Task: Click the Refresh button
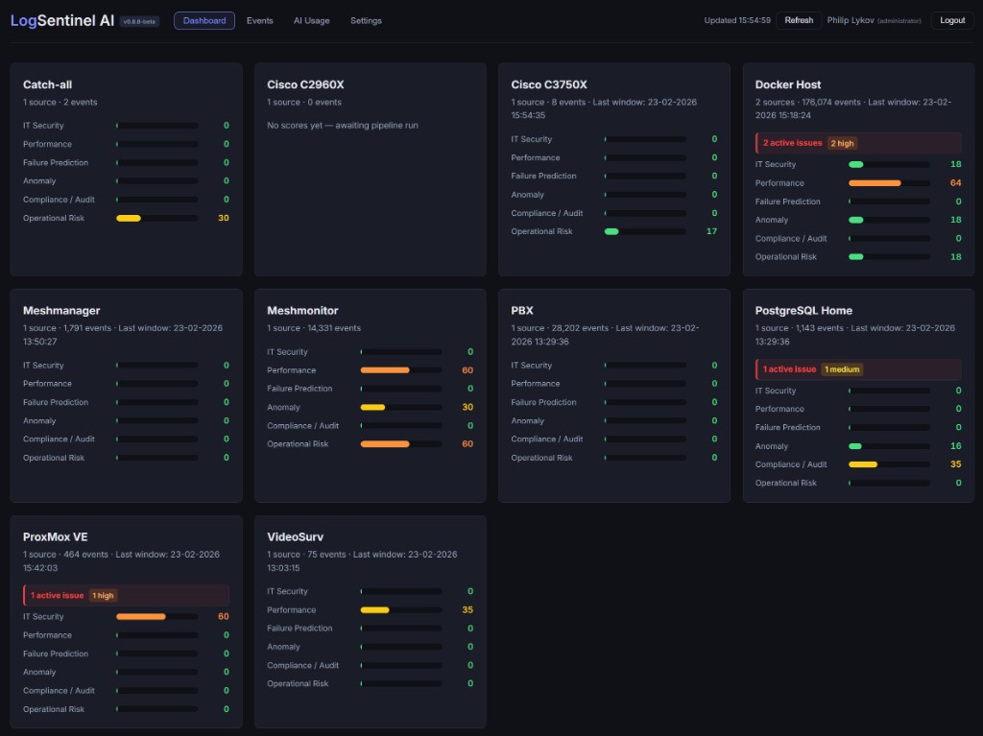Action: pyautogui.click(x=799, y=20)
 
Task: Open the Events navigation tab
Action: pyautogui.click(x=259, y=20)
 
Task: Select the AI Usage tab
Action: pyautogui.click(x=311, y=20)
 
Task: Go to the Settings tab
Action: pyautogui.click(x=366, y=20)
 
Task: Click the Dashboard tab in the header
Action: pyautogui.click(x=204, y=20)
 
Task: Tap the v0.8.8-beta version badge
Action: pyautogui.click(x=140, y=21)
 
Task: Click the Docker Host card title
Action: pyautogui.click(x=788, y=84)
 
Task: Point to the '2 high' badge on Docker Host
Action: pyautogui.click(x=842, y=143)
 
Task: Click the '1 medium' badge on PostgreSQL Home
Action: pyautogui.click(x=842, y=369)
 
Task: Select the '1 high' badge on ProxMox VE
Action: pyautogui.click(x=103, y=595)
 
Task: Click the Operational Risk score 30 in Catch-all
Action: pyautogui.click(x=224, y=218)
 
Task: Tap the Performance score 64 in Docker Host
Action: pyautogui.click(x=955, y=182)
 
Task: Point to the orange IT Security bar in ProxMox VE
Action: pyautogui.click(x=141, y=617)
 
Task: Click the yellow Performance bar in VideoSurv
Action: pyautogui.click(x=375, y=610)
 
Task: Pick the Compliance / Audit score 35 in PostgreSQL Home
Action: pyautogui.click(x=955, y=464)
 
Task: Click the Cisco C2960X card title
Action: pyautogui.click(x=305, y=84)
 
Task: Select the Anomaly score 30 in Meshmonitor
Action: pyautogui.click(x=468, y=407)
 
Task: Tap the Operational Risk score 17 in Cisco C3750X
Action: pyautogui.click(x=711, y=231)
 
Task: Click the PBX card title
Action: pyautogui.click(x=522, y=311)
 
